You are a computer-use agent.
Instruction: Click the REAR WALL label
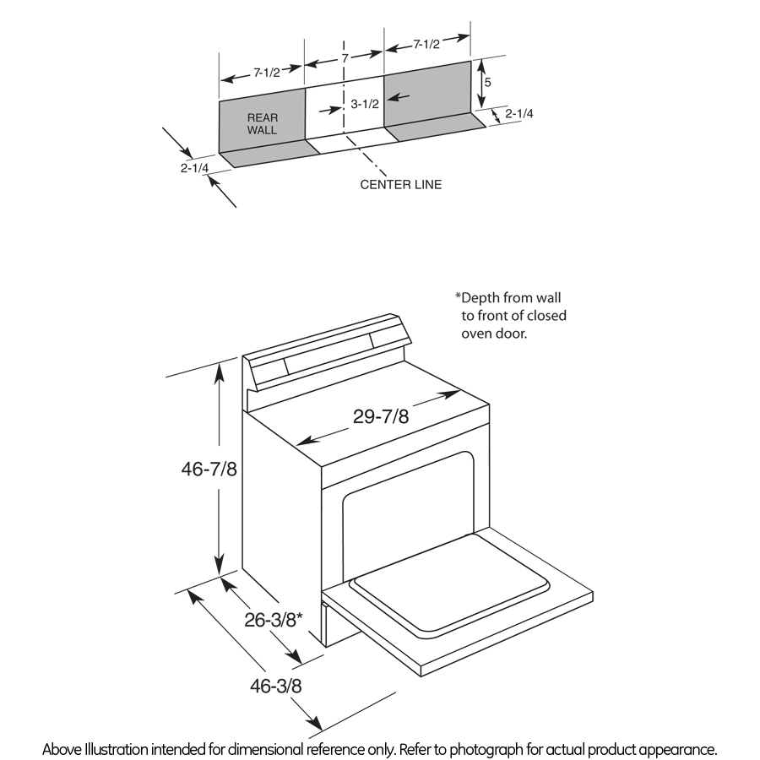pyautogui.click(x=262, y=124)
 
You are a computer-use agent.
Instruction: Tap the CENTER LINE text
pyautogui.click(x=400, y=184)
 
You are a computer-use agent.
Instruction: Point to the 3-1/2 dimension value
pyautogui.click(x=365, y=105)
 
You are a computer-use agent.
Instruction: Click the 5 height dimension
pyautogui.click(x=487, y=84)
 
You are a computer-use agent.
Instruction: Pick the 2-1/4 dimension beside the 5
pyautogui.click(x=518, y=113)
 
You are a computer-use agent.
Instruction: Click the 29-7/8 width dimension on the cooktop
pyautogui.click(x=380, y=417)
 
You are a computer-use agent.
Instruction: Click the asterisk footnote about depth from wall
pyautogui.click(x=511, y=315)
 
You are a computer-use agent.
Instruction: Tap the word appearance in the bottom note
pyautogui.click(x=680, y=749)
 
